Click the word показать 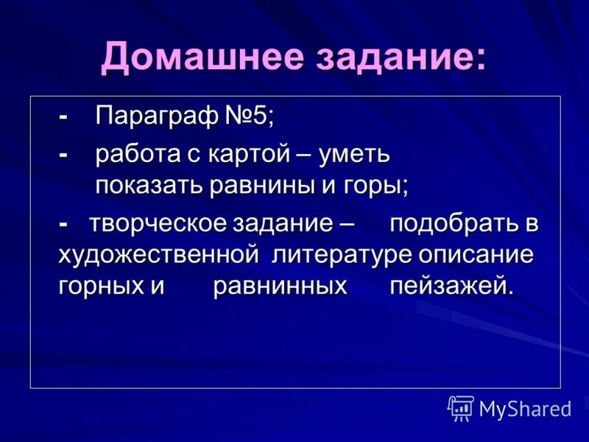[149, 185]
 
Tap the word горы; [375, 185]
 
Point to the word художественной [156, 255]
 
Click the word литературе [342, 255]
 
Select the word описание [475, 255]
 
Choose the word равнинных [280, 286]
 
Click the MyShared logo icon [461, 407]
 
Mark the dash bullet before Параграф [64, 117]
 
